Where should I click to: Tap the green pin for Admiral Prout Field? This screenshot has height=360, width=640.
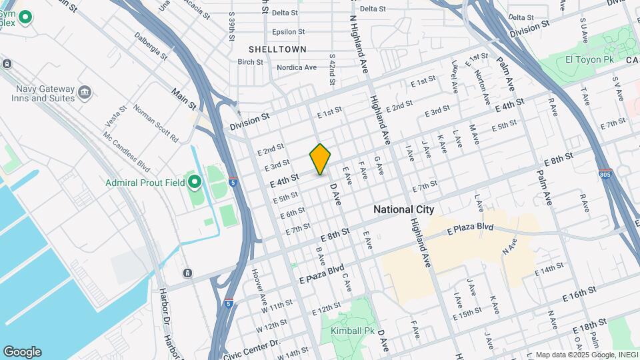point(194,181)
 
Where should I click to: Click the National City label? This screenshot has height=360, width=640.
point(403,209)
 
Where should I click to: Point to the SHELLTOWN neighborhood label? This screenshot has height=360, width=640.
point(277,49)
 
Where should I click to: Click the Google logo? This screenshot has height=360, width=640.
point(22,352)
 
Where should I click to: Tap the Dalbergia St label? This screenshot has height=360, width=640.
point(151,44)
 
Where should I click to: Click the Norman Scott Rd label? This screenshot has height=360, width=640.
point(156,123)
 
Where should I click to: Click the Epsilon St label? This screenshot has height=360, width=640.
point(288,31)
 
